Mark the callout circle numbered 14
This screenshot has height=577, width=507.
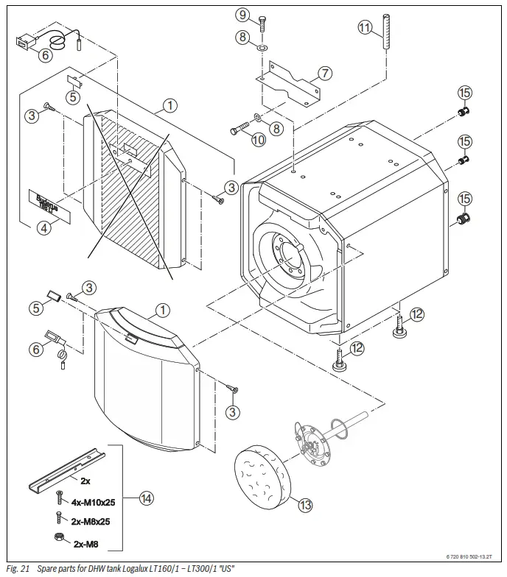pos(146,498)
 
